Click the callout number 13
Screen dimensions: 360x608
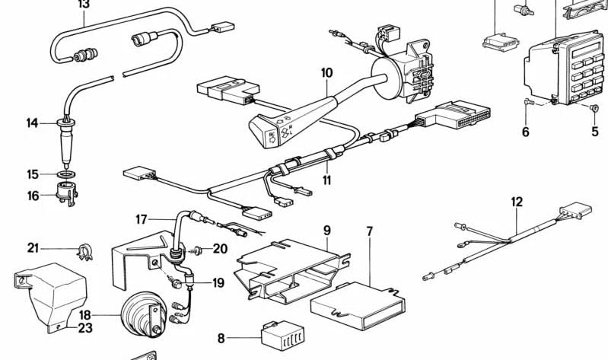click(83, 5)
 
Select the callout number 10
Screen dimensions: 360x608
click(326, 73)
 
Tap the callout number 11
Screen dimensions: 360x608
click(327, 180)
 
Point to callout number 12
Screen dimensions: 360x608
click(517, 202)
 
